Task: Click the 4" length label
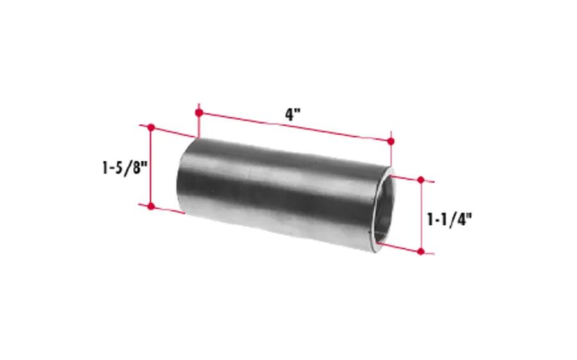coord(293,115)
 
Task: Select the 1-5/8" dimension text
coord(125,168)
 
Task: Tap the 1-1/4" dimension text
coord(449,220)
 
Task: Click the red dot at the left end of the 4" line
coord(199,113)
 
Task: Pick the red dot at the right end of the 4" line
coord(391,141)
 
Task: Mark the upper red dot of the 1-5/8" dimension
coord(151,127)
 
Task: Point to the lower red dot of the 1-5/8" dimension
coord(151,206)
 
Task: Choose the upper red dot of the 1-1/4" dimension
coord(421,180)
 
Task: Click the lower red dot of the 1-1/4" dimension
coord(421,252)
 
